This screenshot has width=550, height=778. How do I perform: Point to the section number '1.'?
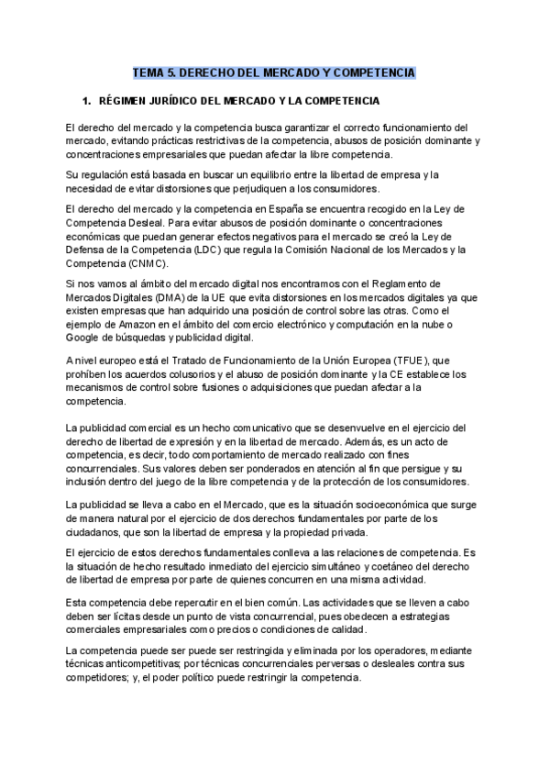click(88, 100)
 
